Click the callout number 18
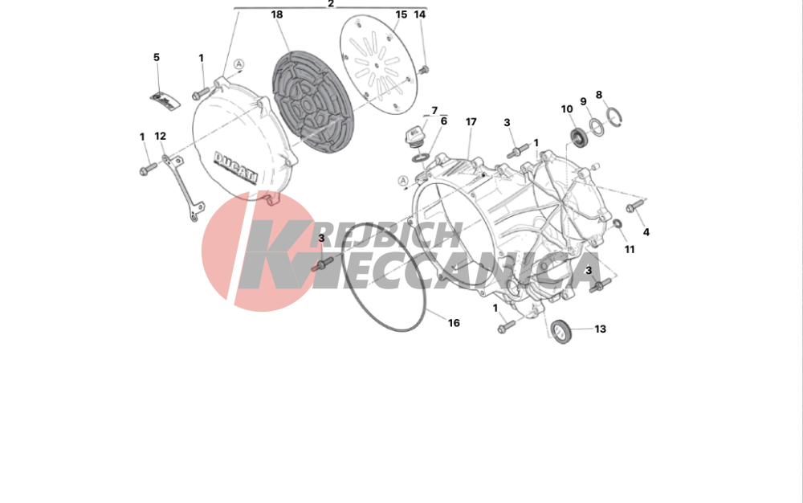(276, 14)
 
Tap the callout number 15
(401, 14)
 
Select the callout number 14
(419, 14)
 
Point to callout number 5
(157, 57)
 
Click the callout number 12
(161, 137)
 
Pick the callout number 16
(454, 323)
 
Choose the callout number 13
(600, 329)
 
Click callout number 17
(471, 122)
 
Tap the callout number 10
(566, 109)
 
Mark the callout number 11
(630, 249)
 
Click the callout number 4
(646, 232)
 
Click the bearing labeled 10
(580, 137)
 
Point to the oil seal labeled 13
(563, 331)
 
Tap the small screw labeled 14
(423, 70)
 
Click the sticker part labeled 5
(165, 100)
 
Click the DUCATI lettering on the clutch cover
(235, 167)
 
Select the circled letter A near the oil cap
(403, 181)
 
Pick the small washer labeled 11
(617, 223)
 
